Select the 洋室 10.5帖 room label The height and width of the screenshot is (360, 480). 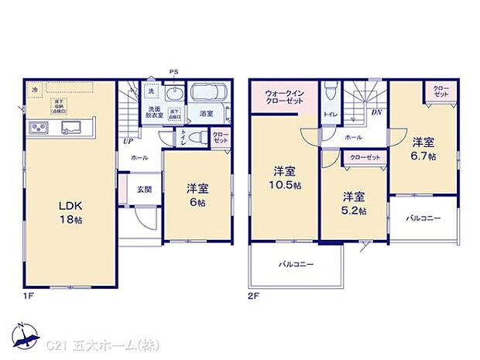tap(283, 177)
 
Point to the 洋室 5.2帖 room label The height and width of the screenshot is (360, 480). tap(355, 202)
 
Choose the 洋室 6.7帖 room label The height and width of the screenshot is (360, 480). tap(423, 149)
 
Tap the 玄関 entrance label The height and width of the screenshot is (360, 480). tap(145, 190)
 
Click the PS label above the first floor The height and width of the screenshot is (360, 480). tap(175, 74)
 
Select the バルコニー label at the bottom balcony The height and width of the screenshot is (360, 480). tap(297, 265)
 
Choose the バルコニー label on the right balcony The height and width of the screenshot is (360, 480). tap(423, 219)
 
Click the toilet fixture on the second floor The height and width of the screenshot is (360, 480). tap(331, 91)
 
